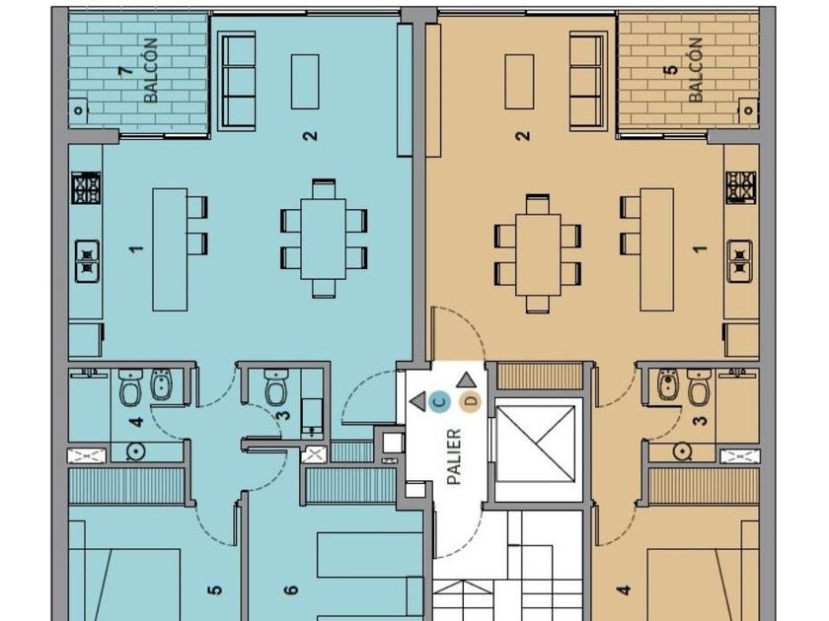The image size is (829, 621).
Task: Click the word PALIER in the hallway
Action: [454, 456]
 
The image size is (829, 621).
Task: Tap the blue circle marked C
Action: [439, 402]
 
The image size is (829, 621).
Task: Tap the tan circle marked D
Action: [471, 401]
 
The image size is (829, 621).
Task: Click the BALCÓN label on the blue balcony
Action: [151, 70]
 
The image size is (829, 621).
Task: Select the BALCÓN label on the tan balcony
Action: [695, 70]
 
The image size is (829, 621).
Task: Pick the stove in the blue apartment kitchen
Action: [86, 188]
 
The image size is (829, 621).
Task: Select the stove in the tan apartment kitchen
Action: [741, 187]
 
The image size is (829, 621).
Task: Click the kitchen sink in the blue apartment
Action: [87, 261]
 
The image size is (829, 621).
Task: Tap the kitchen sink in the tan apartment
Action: [739, 261]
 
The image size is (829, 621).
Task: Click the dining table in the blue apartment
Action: [323, 239]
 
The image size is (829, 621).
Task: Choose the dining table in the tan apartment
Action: [538, 254]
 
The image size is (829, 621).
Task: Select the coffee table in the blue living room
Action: [305, 81]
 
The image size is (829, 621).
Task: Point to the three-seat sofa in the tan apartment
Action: [588, 80]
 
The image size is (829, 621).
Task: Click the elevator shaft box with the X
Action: [536, 445]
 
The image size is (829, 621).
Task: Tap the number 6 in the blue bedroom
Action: [291, 589]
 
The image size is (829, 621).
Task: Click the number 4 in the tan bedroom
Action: [625, 589]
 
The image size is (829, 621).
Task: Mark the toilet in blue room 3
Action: [275, 387]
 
